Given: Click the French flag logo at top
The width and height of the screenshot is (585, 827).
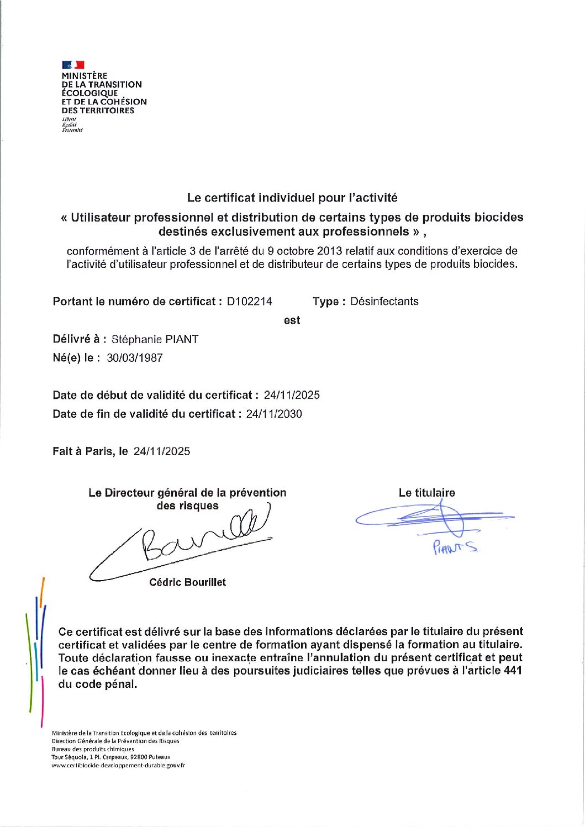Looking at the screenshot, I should point(73,65).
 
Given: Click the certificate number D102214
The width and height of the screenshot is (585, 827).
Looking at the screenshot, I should point(250,302).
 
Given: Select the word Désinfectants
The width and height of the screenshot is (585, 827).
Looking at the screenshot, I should point(384,302).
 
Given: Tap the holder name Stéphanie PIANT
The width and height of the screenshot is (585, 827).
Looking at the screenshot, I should point(155,340).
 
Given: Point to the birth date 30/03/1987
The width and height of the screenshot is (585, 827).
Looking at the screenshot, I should point(135,358).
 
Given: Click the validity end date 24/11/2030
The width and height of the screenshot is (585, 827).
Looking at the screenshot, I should point(274,414).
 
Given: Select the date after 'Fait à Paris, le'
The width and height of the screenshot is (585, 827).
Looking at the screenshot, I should point(162,452).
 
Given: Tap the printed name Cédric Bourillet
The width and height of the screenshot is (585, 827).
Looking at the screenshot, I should point(187,582).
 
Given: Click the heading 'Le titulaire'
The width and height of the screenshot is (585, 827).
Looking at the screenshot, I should point(427,493).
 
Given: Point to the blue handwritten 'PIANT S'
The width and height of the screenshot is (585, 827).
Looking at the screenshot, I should point(455,547).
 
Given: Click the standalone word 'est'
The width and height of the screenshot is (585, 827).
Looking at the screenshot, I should point(292,320).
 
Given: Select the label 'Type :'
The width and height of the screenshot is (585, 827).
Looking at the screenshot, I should point(329,302).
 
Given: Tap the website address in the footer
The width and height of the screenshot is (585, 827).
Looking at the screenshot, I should point(118,766).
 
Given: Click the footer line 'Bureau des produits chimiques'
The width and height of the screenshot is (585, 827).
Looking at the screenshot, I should point(93,749).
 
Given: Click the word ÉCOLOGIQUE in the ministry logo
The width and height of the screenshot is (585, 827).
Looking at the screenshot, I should point(89,93).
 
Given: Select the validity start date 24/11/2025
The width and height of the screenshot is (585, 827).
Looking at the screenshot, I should point(292,396).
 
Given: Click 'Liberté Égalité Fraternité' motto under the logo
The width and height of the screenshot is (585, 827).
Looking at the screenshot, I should point(72,125).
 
